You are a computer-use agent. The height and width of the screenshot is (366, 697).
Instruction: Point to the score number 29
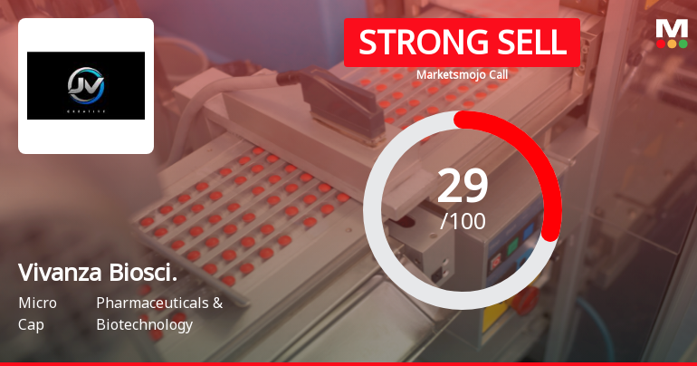click(x=463, y=186)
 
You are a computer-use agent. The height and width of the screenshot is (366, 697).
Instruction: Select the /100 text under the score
click(x=463, y=221)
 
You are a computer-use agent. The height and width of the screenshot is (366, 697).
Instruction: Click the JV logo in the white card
click(x=86, y=85)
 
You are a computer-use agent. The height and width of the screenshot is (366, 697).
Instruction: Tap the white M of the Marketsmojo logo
click(x=672, y=28)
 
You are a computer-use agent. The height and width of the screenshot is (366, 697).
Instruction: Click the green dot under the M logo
click(x=683, y=43)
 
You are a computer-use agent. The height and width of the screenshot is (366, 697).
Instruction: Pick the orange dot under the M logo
click(x=672, y=43)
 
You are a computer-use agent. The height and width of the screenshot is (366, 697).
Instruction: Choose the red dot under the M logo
click(x=660, y=43)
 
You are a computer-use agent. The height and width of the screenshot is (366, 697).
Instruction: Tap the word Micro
click(x=37, y=303)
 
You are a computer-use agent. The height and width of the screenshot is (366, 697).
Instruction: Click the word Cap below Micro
click(x=30, y=324)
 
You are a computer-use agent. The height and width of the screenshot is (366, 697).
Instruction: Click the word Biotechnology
click(x=144, y=324)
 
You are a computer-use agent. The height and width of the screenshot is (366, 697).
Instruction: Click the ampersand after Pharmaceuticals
click(x=217, y=303)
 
